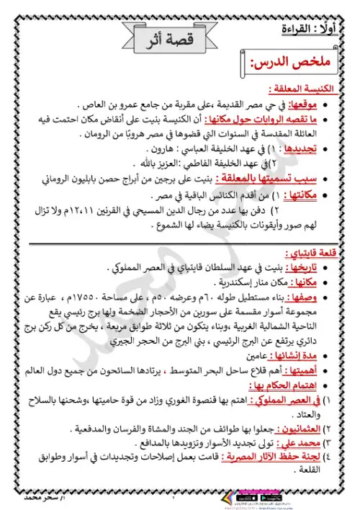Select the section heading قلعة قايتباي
tap(316, 253)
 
